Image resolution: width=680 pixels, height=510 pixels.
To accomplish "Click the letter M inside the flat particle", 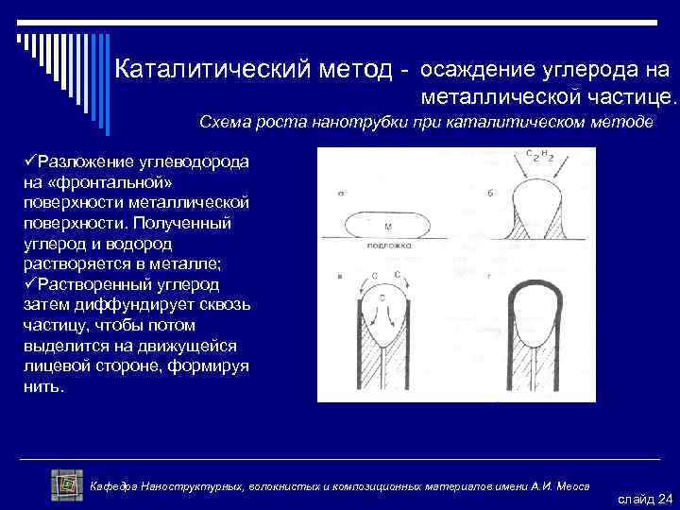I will tap(389, 227).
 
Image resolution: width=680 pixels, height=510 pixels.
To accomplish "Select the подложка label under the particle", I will tap(388, 245).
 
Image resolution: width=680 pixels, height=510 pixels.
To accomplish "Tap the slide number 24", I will tap(664, 498).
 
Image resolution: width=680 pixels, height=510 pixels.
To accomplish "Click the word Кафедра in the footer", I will tap(112, 485).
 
